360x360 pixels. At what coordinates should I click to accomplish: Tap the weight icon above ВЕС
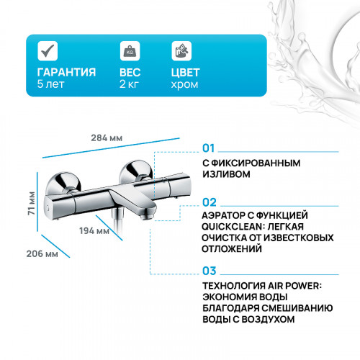pyautogui.click(x=131, y=51)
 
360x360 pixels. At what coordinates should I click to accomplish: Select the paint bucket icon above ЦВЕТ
pyautogui.click(x=181, y=51)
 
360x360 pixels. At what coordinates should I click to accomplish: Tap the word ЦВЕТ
pyautogui.click(x=186, y=73)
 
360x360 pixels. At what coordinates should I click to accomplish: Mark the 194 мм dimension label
pyautogui.click(x=96, y=231)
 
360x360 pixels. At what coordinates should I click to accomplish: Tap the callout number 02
pyautogui.click(x=209, y=202)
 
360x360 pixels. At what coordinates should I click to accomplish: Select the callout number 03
pyautogui.click(x=209, y=271)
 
